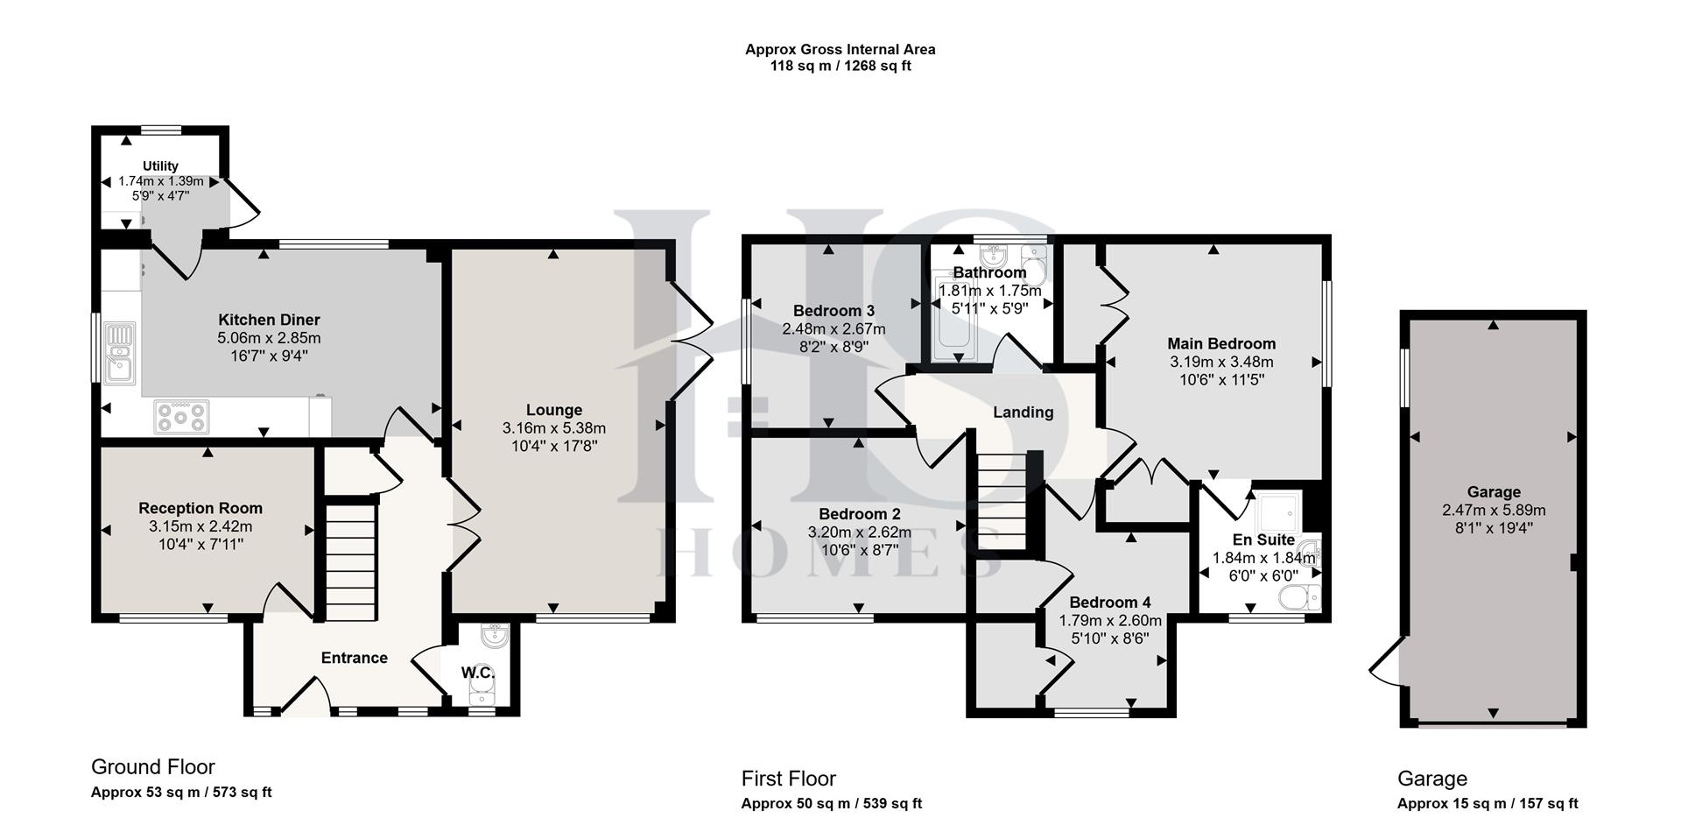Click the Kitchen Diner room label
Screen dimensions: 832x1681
[269, 320]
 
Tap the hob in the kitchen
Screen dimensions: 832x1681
[182, 416]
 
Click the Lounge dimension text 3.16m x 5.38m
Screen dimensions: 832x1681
[553, 428]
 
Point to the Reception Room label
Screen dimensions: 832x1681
[200, 508]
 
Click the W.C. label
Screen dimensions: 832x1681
[478, 673]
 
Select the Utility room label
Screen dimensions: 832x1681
[160, 166]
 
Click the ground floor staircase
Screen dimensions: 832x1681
[352, 561]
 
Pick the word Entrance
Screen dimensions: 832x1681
[354, 658]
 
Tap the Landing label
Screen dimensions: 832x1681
[1023, 412]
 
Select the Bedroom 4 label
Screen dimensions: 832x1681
[1109, 602]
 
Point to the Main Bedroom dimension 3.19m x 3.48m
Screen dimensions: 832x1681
[1220, 362]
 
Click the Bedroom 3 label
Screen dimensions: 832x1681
[833, 311]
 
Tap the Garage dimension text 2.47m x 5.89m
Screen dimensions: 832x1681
[1494, 510]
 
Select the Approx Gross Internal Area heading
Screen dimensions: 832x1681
[840, 50]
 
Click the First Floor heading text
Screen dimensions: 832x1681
[788, 779]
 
